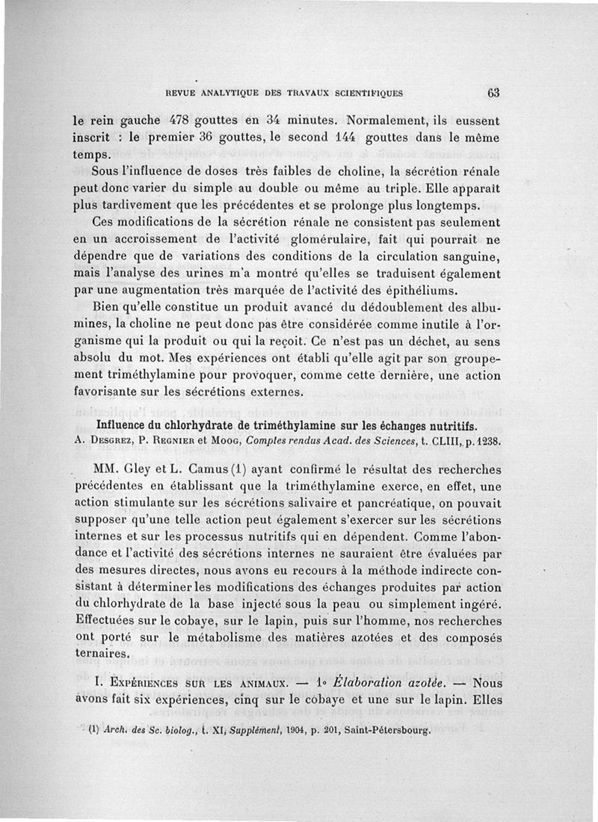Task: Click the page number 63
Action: click(493, 93)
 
